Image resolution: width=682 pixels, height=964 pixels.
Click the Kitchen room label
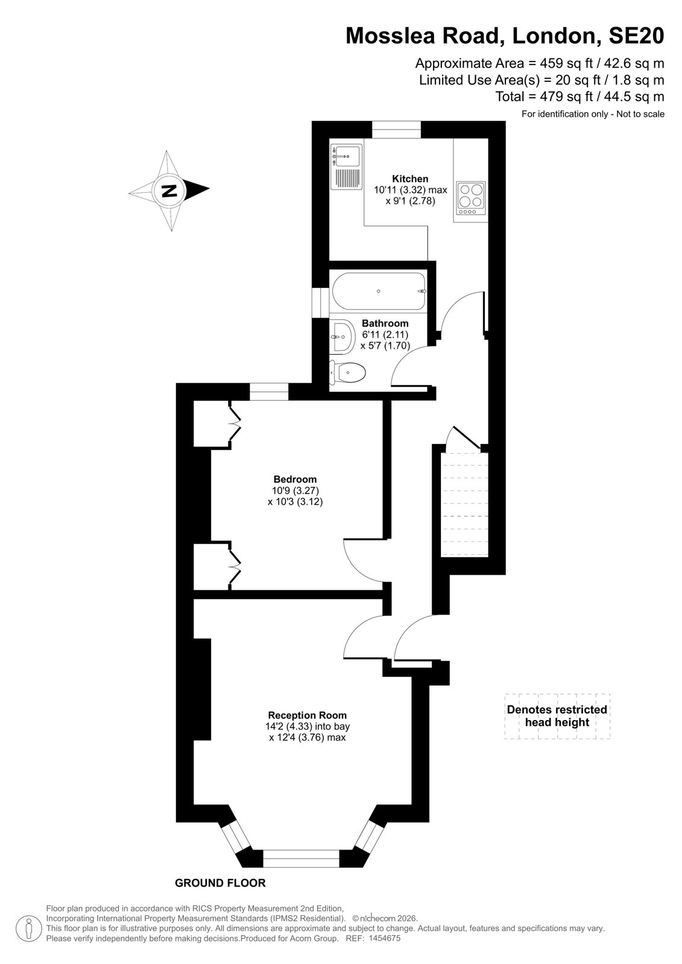point(409,178)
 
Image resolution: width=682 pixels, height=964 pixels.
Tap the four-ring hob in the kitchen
point(471,198)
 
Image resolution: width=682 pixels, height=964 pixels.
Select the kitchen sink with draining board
point(346,167)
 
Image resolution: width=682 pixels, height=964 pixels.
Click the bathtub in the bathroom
point(378,292)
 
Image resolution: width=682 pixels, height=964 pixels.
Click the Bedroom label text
point(295,479)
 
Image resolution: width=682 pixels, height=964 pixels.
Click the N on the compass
point(169,190)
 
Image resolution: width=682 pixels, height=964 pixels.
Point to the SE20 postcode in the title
point(636,36)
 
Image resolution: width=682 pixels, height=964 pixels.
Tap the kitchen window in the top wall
point(396,130)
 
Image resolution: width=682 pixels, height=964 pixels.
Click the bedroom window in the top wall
point(269,392)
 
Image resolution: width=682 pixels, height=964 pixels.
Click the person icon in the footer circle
point(29,928)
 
